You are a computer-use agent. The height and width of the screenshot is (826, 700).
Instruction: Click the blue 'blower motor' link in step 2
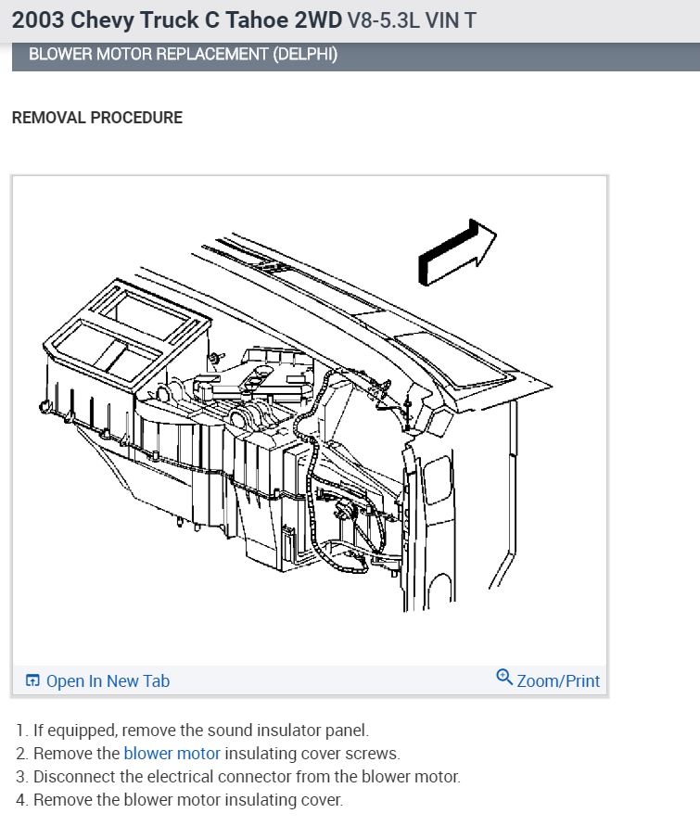pos(172,754)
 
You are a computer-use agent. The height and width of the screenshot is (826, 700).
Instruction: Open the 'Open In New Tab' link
pos(108,681)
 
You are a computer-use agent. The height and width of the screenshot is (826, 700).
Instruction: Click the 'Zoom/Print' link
pos(558,681)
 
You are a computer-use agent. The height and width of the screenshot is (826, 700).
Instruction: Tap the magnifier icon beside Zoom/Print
pos(504,678)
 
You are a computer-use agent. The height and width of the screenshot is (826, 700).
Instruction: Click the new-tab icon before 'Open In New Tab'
pos(32,681)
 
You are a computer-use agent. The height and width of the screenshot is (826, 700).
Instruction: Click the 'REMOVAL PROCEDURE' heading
pos(96,118)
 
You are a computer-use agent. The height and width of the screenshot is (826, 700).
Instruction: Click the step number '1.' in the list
pos(21,731)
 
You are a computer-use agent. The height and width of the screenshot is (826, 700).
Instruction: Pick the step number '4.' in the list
pos(21,800)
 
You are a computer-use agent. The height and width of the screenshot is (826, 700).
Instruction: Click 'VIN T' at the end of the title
pos(451,19)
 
